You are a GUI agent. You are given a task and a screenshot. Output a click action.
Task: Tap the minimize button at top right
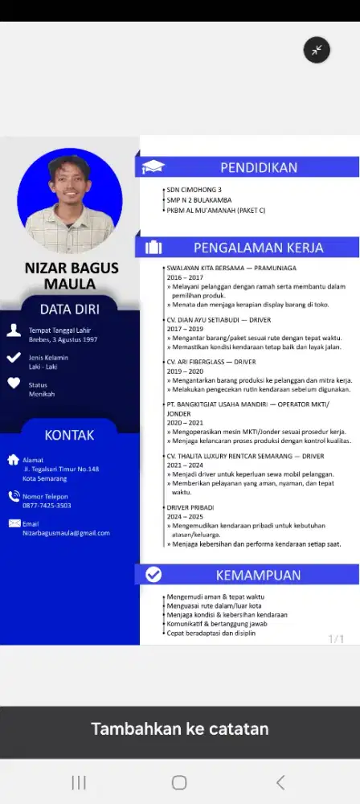(317, 50)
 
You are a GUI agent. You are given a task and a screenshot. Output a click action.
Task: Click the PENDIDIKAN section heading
(259, 167)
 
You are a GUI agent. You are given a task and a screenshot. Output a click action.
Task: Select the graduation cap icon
(153, 167)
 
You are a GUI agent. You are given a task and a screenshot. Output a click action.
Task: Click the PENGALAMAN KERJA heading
(258, 248)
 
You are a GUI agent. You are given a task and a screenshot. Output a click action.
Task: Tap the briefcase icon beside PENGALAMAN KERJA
(153, 248)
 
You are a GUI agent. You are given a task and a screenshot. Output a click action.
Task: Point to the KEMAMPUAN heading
(258, 575)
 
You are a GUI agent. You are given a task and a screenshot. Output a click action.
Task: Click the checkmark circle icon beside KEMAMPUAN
(153, 575)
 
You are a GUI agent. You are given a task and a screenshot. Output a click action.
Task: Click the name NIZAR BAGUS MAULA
(70, 276)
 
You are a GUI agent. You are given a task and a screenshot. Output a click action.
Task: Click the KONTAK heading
(70, 435)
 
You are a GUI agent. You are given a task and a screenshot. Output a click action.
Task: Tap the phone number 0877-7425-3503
(47, 506)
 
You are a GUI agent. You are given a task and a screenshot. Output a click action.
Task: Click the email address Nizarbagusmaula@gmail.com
(66, 532)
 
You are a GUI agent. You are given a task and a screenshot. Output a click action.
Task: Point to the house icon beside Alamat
(13, 460)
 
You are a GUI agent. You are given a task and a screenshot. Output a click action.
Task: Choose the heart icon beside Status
(14, 384)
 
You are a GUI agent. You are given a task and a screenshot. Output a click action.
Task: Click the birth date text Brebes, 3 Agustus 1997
(63, 339)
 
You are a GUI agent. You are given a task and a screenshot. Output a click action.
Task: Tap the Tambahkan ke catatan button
(180, 729)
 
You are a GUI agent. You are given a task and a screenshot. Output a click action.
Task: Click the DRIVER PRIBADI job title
(192, 508)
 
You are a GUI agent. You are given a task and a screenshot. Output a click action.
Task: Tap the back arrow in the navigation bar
(280, 782)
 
